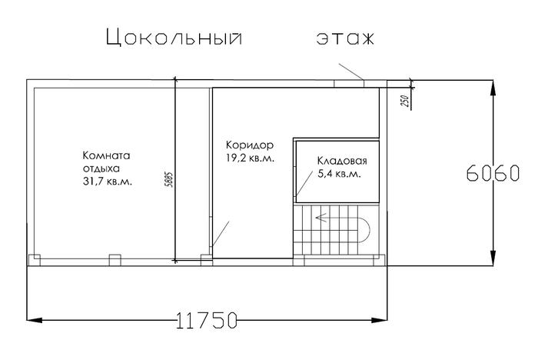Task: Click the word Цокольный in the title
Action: [x=174, y=37]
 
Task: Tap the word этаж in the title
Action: [x=345, y=38]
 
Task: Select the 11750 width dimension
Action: [x=207, y=320]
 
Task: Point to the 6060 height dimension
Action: [x=493, y=173]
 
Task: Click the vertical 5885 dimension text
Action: [x=169, y=179]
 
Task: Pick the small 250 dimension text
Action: [x=405, y=101]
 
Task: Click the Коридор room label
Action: [x=250, y=145]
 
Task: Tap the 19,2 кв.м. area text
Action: [x=250, y=158]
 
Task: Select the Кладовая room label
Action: [x=342, y=161]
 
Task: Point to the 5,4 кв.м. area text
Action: [x=340, y=174]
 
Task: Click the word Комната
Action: [x=106, y=155]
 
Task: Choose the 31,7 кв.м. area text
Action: [x=108, y=182]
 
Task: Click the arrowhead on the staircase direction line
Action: [x=320, y=218]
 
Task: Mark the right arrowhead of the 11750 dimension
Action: [x=380, y=320]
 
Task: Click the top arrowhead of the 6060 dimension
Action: [x=493, y=88]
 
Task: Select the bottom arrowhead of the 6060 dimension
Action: [x=493, y=258]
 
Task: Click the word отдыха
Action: [x=101, y=169]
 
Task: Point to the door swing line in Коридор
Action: [x=221, y=234]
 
